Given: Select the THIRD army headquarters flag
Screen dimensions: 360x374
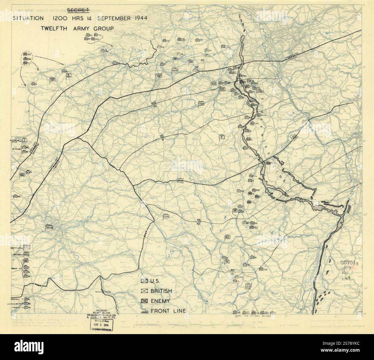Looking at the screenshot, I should point(166,215).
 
